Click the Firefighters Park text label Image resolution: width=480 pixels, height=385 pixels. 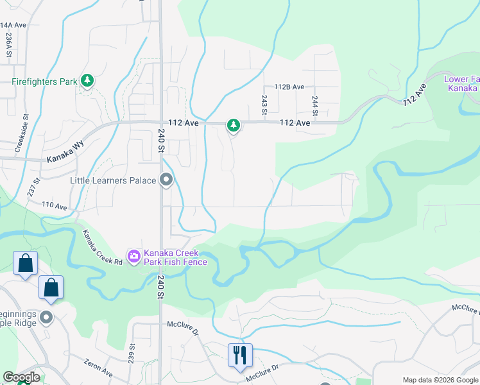[44, 81]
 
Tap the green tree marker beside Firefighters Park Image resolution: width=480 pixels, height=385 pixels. [87, 81]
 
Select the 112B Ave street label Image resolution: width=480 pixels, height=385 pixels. [289, 87]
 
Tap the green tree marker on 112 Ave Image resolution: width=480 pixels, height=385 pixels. [234, 125]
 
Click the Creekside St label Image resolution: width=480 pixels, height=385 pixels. [26, 130]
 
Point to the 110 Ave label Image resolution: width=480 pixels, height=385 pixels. [55, 206]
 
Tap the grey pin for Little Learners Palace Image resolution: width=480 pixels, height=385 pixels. [166, 180]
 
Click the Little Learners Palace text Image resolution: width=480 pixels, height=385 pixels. [113, 181]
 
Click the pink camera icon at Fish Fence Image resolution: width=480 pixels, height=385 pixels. [133, 257]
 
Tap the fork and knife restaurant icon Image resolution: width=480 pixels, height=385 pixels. [240, 355]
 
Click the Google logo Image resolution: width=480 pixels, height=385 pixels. [21, 377]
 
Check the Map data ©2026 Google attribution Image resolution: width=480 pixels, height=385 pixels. [440, 379]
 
